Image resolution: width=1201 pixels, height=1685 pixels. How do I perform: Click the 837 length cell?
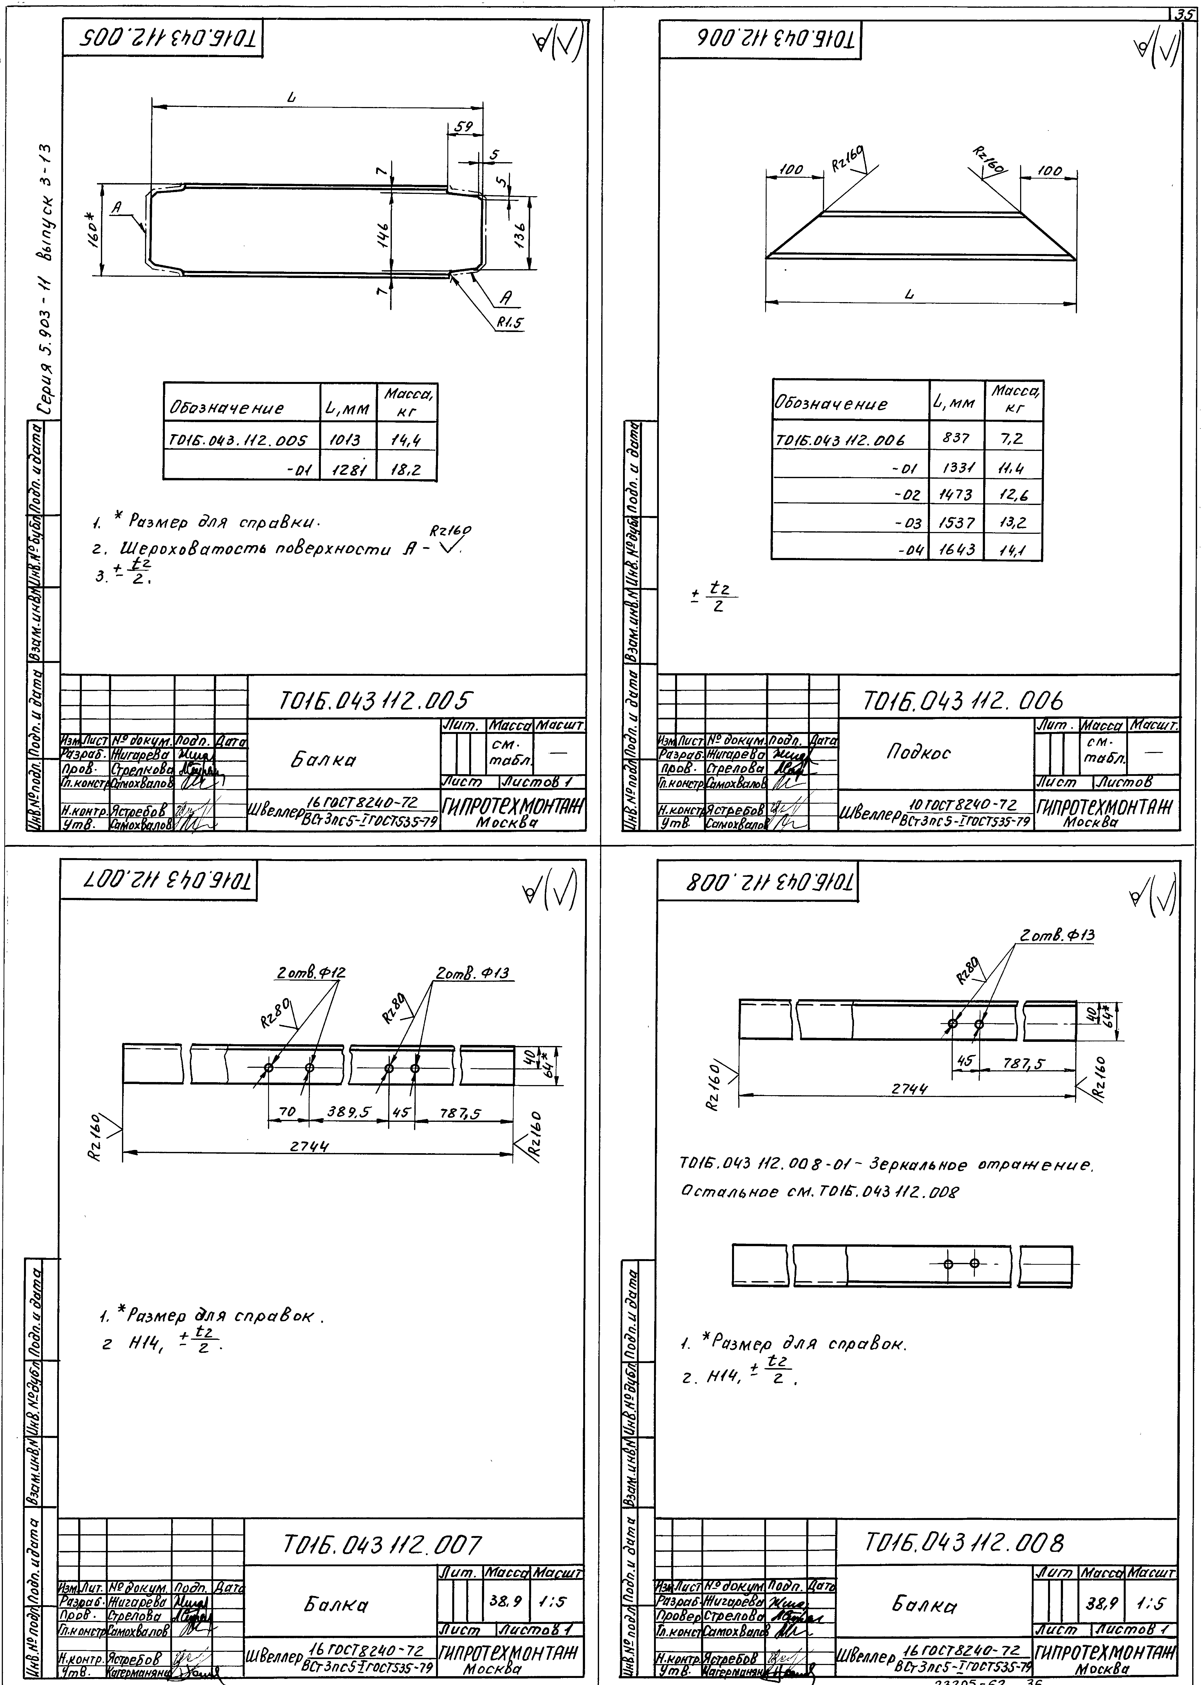click(x=956, y=438)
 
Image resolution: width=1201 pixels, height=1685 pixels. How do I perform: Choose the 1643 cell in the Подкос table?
click(x=956, y=549)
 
